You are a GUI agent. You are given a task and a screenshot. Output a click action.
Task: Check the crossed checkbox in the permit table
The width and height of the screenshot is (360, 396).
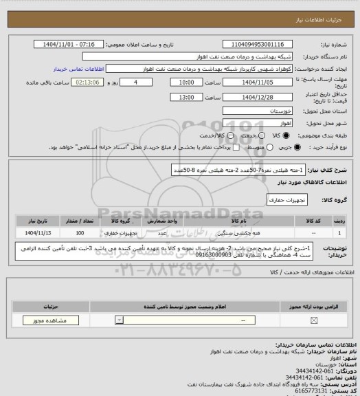tap(315, 320)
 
